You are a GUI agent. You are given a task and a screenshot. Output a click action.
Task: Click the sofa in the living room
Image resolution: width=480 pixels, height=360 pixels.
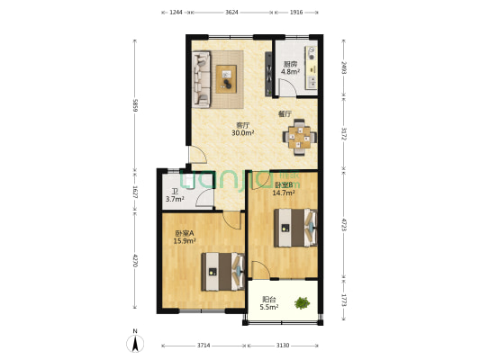pyautogui.click(x=201, y=73)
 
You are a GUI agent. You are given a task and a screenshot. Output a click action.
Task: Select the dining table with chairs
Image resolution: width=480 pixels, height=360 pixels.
pyautogui.click(x=299, y=137)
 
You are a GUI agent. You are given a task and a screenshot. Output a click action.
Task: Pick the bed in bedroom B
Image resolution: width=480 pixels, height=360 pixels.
pyautogui.click(x=295, y=228)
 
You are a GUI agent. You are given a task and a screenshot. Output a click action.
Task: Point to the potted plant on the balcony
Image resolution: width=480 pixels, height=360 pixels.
pyautogui.click(x=304, y=303)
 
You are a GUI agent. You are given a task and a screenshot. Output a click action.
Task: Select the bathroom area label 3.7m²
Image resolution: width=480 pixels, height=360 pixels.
pyautogui.click(x=175, y=199)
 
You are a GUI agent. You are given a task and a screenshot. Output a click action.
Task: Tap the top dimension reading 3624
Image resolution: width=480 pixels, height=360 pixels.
pyautogui.click(x=231, y=13)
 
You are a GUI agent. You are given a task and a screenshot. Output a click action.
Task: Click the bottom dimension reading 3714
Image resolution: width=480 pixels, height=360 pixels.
pyautogui.click(x=204, y=346)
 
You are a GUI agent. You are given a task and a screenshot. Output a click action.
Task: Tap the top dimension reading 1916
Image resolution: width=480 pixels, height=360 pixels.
pyautogui.click(x=296, y=13)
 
